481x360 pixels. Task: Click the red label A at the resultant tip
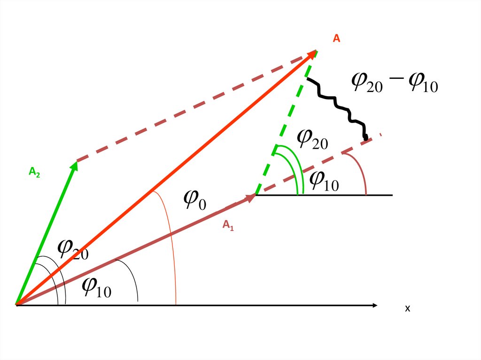point(336,39)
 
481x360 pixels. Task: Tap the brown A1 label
point(228,226)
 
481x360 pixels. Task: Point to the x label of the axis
point(408,308)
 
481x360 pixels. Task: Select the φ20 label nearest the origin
point(73,249)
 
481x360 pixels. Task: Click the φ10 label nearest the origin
point(96,287)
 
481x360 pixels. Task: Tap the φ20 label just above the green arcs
point(312,138)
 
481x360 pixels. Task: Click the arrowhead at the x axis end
point(374,306)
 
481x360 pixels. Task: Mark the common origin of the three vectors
point(16,305)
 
